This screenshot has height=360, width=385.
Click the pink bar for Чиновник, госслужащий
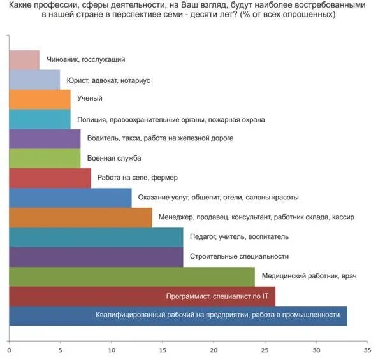pos(24,60)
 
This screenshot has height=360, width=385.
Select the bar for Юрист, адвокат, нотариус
pos(34,80)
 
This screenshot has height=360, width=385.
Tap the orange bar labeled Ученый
pos(40,99)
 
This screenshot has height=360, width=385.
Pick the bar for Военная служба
pos(45,158)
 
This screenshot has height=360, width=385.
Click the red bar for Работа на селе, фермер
pos(50,178)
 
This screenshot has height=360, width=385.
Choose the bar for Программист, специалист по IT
pos(142,296)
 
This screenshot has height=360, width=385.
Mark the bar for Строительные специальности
pos(96,257)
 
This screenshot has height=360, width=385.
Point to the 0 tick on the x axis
pos(10,350)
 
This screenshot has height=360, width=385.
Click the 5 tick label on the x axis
pos(61,350)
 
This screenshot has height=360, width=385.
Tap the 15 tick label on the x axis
pos(163,350)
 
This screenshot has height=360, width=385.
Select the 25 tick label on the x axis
pos(265,350)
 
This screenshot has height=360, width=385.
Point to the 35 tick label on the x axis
pos(367,350)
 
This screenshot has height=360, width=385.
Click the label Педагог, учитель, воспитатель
pos(240,237)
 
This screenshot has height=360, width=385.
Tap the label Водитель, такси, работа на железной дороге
pos(155,138)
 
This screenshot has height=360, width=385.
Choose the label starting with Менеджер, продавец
pos(256,217)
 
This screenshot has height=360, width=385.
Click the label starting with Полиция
pos(171,119)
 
